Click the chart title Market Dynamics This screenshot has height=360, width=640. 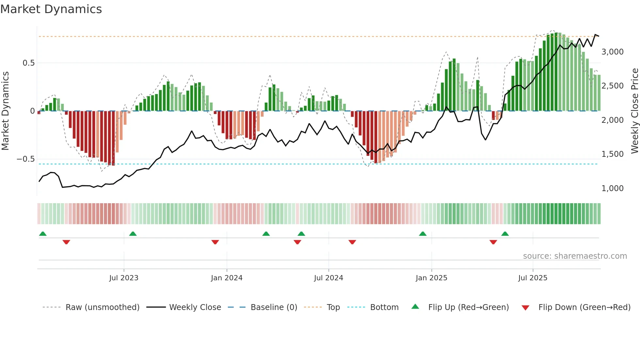tap(51, 9)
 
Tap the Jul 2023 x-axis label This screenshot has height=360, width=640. tap(124, 278)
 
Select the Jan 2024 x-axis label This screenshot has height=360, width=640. tap(227, 278)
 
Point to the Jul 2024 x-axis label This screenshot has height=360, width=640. tap(328, 278)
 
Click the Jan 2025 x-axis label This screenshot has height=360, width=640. tap(431, 278)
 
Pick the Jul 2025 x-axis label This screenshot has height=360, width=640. tap(533, 278)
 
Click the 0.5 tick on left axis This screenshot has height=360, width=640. tap(28, 63)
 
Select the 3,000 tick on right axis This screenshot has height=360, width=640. tap(613, 52)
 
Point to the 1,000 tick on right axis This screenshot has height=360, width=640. tap(613, 188)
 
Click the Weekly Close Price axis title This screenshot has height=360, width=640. tap(634, 111)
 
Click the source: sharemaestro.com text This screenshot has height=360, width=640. tap(575, 256)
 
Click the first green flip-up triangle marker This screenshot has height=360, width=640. tap(43, 234)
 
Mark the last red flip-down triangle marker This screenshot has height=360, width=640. tap(493, 242)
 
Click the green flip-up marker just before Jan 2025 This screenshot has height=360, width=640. tap(423, 234)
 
